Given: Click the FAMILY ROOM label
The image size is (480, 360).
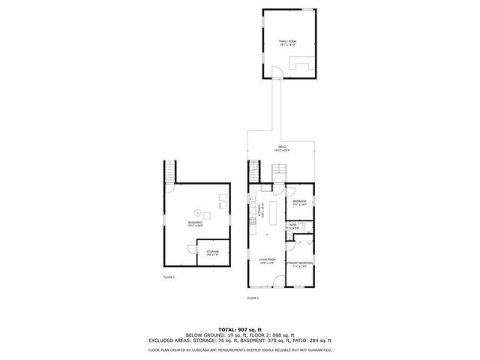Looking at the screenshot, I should (286, 42).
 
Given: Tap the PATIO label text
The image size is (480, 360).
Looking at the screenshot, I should (282, 148).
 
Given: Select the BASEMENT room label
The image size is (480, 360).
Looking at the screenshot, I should (195, 223).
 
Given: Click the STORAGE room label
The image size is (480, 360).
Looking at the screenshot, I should (213, 252).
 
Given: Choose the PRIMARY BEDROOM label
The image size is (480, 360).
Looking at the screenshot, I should (302, 263).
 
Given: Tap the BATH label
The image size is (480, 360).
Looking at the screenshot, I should (293, 225).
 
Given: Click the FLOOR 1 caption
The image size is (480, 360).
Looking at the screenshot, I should (169, 278).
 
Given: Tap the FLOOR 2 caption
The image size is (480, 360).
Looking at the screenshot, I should (253, 298).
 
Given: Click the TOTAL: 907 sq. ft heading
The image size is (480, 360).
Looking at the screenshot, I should (239, 329).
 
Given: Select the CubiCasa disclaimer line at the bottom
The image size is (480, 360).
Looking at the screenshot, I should (239, 350).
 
